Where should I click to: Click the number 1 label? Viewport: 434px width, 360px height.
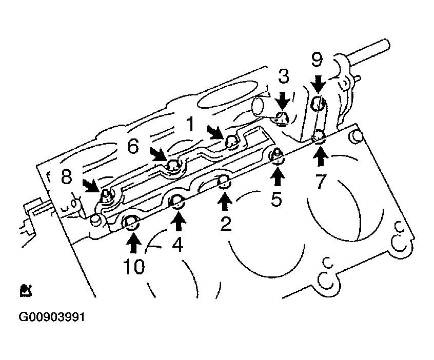pyautogui.click(x=191, y=124)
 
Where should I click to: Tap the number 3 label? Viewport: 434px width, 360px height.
pyautogui.click(x=283, y=76)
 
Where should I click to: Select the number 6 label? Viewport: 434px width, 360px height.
pyautogui.click(x=133, y=146)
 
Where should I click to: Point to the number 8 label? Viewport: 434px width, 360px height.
pyautogui.click(x=66, y=176)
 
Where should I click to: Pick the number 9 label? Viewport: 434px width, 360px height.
pyautogui.click(x=317, y=59)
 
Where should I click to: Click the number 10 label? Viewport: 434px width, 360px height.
pyautogui.click(x=134, y=267)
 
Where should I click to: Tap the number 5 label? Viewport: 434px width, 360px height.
pyautogui.click(x=276, y=199)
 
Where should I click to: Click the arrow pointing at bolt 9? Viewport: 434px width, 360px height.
pyautogui.click(x=318, y=84)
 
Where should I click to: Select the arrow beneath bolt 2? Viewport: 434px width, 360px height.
pyautogui.click(x=225, y=202)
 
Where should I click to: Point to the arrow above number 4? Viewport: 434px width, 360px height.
pyautogui.click(x=179, y=222)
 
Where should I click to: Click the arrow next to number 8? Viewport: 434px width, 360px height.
pyautogui.click(x=91, y=186)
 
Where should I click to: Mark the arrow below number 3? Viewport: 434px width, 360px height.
pyautogui.click(x=283, y=101)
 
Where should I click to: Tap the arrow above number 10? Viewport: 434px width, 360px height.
pyautogui.click(x=134, y=243)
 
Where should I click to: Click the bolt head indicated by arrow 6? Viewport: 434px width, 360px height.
pyautogui.click(x=173, y=166)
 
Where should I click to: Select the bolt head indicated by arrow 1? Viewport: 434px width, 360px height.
pyautogui.click(x=231, y=142)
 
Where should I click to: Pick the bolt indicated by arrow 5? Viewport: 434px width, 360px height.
pyautogui.click(x=277, y=156)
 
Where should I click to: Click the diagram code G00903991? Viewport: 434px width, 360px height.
pyautogui.click(x=52, y=317)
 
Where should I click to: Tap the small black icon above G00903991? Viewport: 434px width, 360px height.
pyautogui.click(x=26, y=290)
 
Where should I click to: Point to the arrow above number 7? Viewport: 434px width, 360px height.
pyautogui.click(x=321, y=156)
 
